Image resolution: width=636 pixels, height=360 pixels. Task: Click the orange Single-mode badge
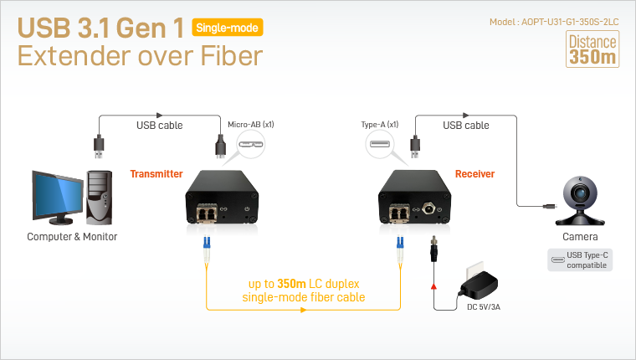coord(227,28)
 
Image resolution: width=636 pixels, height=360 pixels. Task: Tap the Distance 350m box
coord(592,49)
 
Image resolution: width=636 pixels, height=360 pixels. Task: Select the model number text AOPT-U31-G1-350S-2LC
coord(570,22)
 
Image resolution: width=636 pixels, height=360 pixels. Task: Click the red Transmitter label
coord(156,173)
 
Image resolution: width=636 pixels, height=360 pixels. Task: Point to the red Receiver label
coord(474,173)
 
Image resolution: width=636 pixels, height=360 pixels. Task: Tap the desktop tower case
coord(99,198)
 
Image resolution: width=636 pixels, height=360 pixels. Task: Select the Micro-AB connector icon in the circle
coord(251,144)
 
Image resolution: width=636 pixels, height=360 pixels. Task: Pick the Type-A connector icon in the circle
coord(380,144)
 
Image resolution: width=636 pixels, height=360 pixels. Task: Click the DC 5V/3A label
coord(484,307)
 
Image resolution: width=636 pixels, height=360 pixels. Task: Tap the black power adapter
coord(480,285)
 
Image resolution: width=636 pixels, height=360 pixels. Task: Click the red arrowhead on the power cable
coord(433,286)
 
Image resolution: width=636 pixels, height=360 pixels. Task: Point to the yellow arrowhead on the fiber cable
coord(303,310)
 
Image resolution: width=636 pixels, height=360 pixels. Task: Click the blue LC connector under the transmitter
coord(207,242)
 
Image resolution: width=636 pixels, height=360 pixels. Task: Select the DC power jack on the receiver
coord(428,209)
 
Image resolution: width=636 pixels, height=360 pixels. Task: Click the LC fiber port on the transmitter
coord(206,213)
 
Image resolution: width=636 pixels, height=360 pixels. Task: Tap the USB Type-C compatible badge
coord(580,260)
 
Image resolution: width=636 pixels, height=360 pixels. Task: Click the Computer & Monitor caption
coord(72,237)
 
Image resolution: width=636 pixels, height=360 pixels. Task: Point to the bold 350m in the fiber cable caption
coord(291,284)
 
